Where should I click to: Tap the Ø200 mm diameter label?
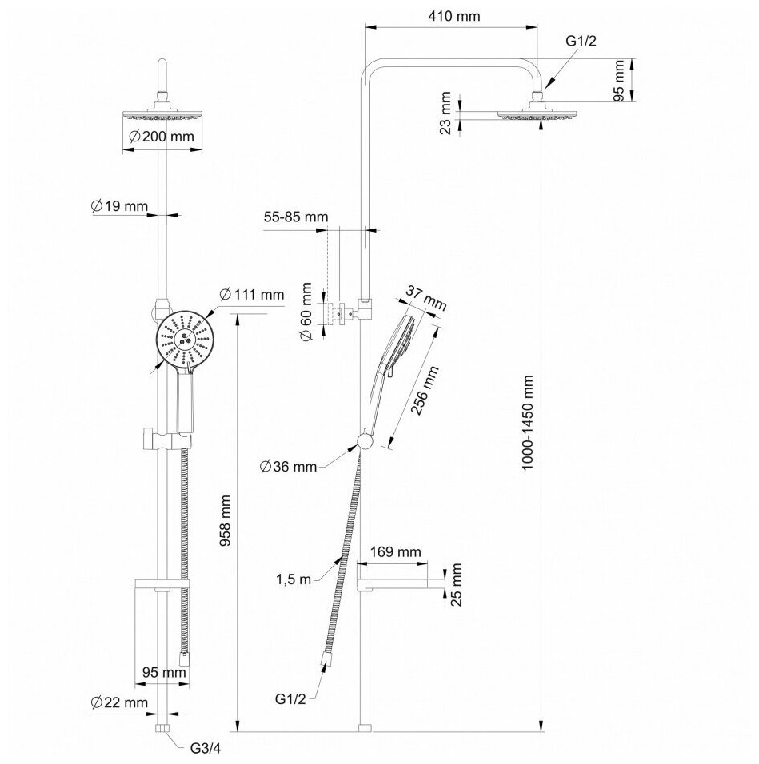coord(162,137)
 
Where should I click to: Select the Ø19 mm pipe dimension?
coord(120,206)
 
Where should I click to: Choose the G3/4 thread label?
coord(206,749)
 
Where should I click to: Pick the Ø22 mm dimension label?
coord(120,702)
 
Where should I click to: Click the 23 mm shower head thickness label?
coord(446,113)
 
